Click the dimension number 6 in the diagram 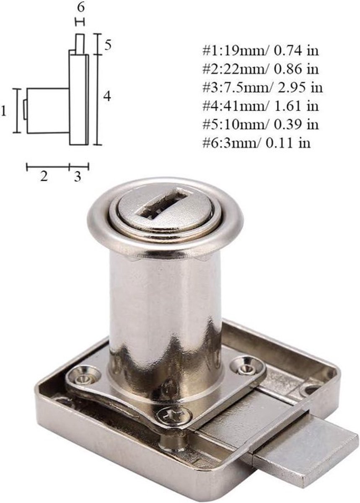[x=80, y=8]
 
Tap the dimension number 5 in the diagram [x=108, y=45]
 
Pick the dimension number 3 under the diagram [x=77, y=177]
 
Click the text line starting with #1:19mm [x=261, y=51]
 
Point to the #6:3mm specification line [x=256, y=143]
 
